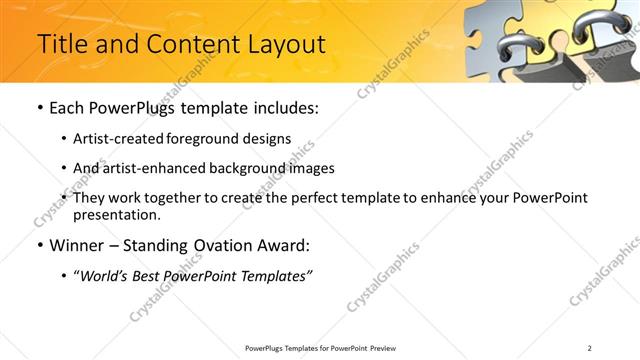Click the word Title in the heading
point(63,44)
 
